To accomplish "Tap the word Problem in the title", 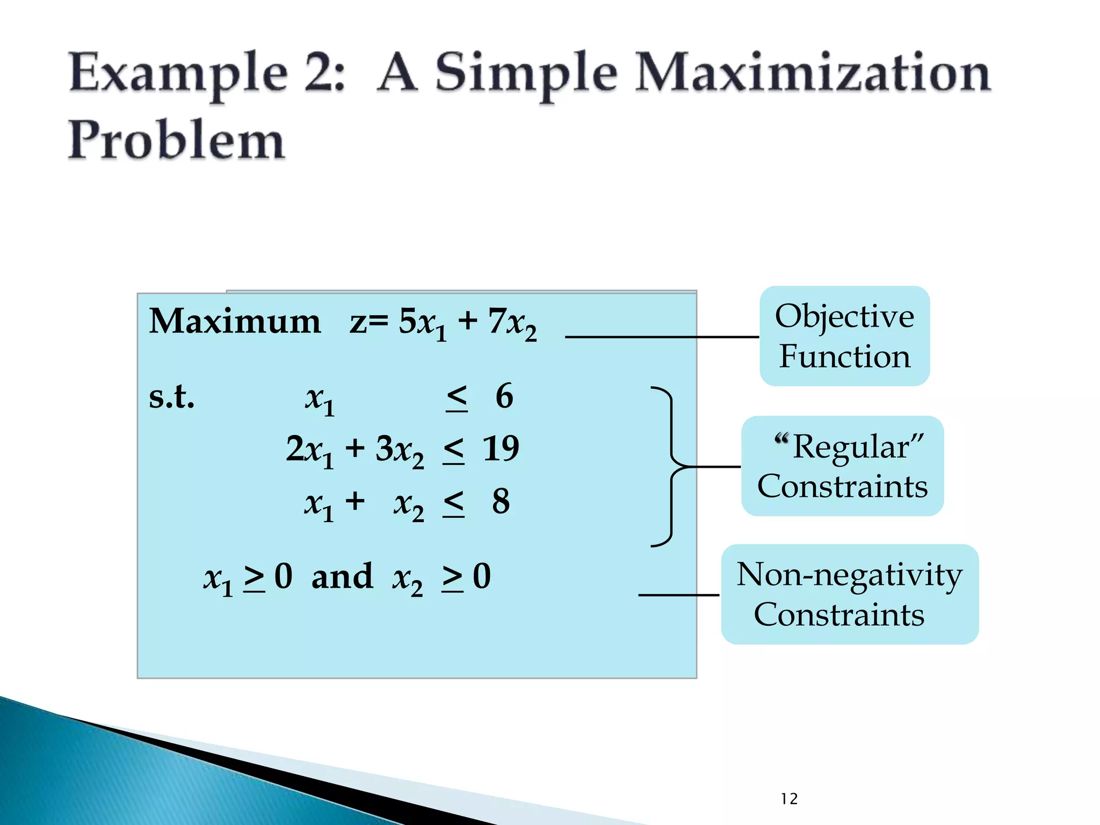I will (x=176, y=140).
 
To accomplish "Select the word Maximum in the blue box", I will (x=235, y=321).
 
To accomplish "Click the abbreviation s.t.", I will (x=171, y=397).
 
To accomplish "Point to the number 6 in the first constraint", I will (x=504, y=396).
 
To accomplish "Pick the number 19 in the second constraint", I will (x=501, y=448).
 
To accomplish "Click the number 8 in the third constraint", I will (x=501, y=501).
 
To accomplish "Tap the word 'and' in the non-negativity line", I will (x=342, y=576).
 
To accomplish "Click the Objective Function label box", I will (x=844, y=336).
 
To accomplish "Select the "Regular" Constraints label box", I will (x=842, y=466).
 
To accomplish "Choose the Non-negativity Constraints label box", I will (x=849, y=594).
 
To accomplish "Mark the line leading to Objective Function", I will (x=662, y=337).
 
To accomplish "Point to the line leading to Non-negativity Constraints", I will (x=678, y=595).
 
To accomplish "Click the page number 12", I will (x=789, y=799).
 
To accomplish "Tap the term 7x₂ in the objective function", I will (x=512, y=323).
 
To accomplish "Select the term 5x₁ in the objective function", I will (x=422, y=323).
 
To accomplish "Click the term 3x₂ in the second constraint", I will (x=400, y=450).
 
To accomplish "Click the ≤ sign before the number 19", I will (x=454, y=450).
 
